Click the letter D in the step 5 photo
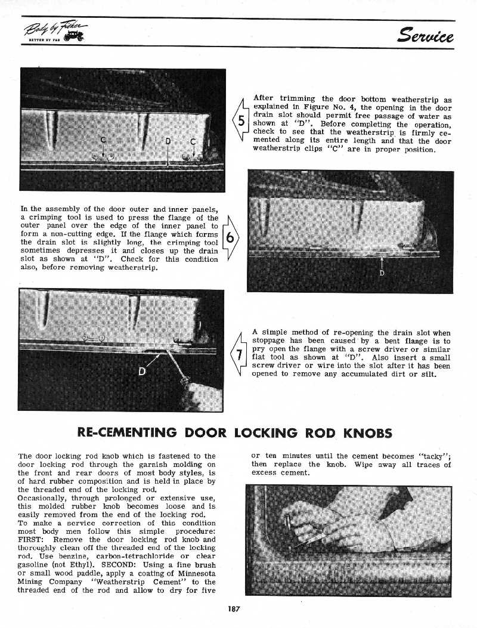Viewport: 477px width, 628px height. tap(168, 141)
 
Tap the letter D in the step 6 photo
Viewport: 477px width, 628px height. tap(382, 274)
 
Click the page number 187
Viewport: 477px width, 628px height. tap(233, 608)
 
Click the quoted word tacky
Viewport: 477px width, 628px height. tap(436, 456)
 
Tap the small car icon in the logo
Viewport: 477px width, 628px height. tap(76, 38)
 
